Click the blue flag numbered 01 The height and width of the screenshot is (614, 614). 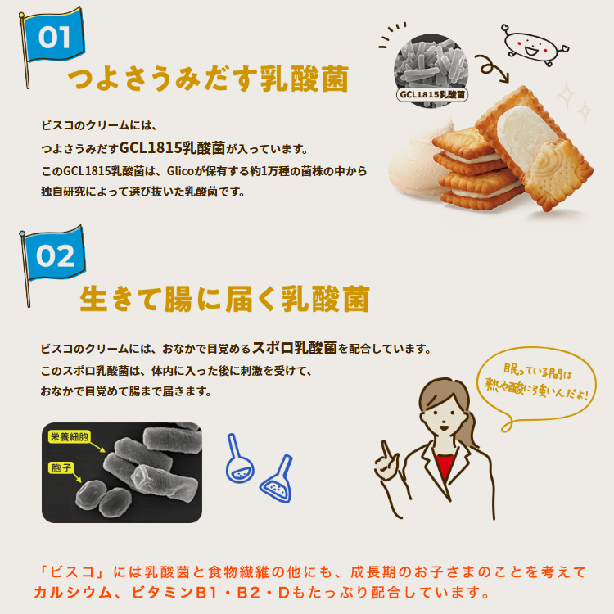(54, 36)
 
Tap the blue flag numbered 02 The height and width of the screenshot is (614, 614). (55, 255)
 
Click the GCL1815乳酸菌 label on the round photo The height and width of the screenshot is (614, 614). (432, 94)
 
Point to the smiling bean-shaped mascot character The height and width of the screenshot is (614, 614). (533, 45)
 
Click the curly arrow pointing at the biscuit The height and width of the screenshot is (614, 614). (491, 67)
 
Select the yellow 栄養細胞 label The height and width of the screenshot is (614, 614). (70, 436)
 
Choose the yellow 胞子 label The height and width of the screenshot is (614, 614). (61, 467)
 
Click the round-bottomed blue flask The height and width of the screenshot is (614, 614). (238, 459)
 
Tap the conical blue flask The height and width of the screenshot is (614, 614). (278, 480)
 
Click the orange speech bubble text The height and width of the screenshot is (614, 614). (536, 382)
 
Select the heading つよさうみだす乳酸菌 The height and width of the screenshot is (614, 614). (208, 79)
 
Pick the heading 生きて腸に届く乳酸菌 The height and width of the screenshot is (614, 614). (225, 298)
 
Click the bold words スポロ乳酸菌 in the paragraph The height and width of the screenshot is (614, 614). (295, 347)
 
